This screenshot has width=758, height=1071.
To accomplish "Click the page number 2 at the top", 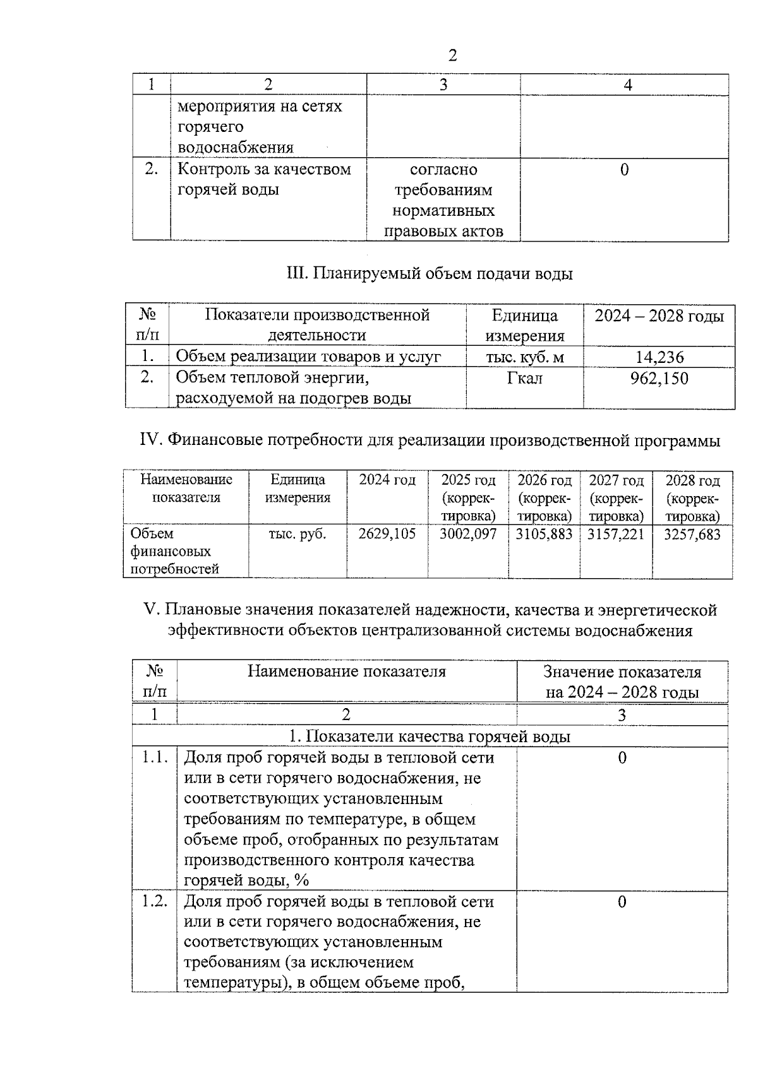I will [x=452, y=56].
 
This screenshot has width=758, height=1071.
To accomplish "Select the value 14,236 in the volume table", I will [x=659, y=357].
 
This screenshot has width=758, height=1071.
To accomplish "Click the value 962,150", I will [x=659, y=379].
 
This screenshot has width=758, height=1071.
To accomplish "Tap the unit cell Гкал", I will [x=524, y=378].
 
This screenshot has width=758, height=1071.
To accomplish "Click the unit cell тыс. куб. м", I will [x=524, y=357].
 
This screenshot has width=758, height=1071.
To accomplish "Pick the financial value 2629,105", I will [x=387, y=534].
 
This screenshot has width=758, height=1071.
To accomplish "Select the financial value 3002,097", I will [x=468, y=534].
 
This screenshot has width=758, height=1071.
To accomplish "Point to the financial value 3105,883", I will [x=544, y=534].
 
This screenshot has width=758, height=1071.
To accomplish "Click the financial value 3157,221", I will [x=616, y=534].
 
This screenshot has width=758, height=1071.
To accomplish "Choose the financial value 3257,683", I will [x=692, y=534].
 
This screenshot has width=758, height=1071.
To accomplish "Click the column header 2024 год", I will [x=387, y=480].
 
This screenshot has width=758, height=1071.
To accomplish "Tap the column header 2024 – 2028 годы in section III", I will [x=659, y=316].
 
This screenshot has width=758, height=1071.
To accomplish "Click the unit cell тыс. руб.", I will [x=298, y=534].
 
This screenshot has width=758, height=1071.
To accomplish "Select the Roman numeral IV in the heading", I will [x=151, y=441].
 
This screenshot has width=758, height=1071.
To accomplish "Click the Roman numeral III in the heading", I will [x=296, y=274].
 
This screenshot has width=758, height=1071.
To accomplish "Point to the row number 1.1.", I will [x=154, y=757].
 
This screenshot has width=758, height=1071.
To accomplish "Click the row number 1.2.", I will [x=154, y=901].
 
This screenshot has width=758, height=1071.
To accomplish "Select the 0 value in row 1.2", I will [x=622, y=901].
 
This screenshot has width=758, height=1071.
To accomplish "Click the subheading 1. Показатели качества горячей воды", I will [x=430, y=737].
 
